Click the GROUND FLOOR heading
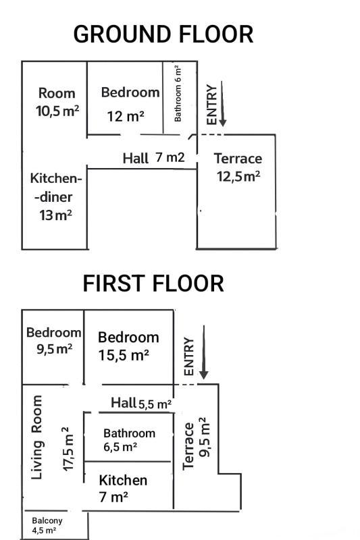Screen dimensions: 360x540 tap(163, 34)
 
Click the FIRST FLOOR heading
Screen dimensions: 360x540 tap(153, 283)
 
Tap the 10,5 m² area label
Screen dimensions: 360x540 tap(57, 111)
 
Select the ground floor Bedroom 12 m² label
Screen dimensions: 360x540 tap(130, 105)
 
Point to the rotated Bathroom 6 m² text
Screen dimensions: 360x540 tap(178, 93)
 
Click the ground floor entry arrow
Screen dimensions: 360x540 tap(222, 104)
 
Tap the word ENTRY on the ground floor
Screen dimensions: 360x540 tap(211, 105)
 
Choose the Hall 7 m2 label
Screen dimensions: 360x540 tap(153, 158)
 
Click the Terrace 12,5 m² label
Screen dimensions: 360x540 tap(238, 167)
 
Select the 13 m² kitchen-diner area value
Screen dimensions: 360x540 tap(56, 215)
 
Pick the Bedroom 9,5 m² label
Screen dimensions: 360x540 tap(54, 341)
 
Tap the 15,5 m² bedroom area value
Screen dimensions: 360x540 tap(124, 355)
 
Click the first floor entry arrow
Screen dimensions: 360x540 tap(203, 352)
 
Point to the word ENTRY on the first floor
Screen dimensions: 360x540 tap(189, 356)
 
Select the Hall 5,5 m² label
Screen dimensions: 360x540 tap(141, 403)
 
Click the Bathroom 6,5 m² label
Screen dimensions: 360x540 tap(129, 440)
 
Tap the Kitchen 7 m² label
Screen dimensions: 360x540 tap(123, 488)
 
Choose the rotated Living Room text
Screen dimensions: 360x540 tap(37, 437)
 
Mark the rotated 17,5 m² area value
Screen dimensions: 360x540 tap(68, 450)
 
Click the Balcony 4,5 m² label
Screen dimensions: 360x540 tap(47, 525)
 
